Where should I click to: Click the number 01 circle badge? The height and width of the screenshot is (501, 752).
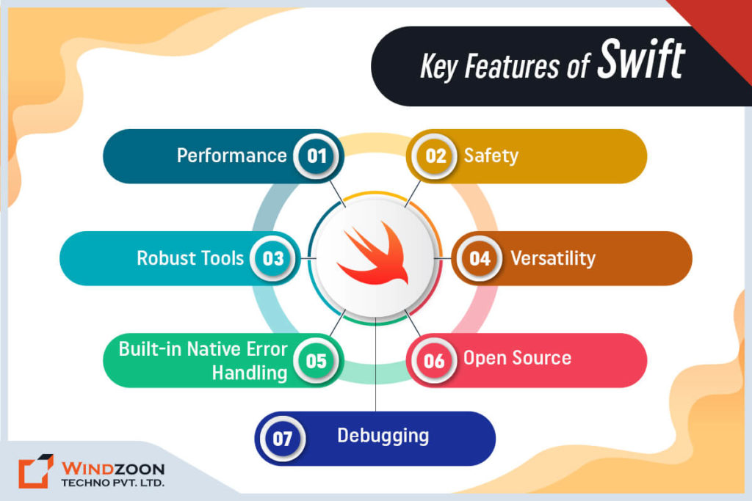click(317, 156)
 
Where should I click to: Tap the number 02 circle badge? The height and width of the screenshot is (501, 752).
click(435, 156)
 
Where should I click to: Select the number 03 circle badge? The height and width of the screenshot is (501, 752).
click(273, 258)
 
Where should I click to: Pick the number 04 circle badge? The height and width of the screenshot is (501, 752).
click(480, 258)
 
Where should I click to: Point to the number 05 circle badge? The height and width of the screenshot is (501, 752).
click(317, 361)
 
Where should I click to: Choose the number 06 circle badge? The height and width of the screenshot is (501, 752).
click(434, 361)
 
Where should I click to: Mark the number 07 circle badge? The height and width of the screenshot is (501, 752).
click(283, 439)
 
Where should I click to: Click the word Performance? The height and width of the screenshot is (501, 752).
click(231, 156)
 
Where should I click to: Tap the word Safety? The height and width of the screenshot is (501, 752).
click(491, 156)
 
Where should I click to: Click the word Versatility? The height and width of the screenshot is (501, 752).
click(552, 258)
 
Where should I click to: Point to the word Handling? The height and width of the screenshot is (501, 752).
click(250, 373)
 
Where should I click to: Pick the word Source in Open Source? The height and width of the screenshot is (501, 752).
click(542, 358)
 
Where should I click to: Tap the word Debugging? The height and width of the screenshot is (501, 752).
click(383, 436)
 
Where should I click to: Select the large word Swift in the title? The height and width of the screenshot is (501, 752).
click(640, 62)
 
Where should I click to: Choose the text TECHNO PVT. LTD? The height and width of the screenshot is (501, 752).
click(112, 483)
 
